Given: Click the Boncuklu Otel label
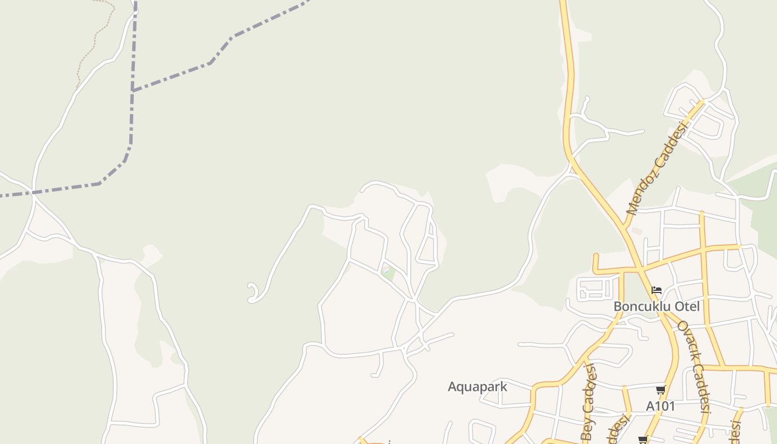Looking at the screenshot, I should (657, 306).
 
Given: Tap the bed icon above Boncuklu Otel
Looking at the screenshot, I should (657, 290).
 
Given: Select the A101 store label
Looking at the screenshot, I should (660, 406).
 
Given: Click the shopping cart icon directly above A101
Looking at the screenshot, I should (660, 390).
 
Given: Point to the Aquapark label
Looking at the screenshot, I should (477, 387).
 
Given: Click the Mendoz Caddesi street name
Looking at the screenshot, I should (657, 167).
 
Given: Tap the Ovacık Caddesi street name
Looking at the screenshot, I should (694, 366).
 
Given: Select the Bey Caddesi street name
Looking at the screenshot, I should (588, 402).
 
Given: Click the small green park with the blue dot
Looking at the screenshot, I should (388, 273).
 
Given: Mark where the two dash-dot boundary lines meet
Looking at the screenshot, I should (133, 90).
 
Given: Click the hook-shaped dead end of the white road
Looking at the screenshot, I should (253, 293).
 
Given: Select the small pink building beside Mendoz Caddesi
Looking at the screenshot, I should (637, 231).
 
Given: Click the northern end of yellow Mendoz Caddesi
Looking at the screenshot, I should (703, 101).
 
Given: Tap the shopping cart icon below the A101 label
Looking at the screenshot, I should (643, 440).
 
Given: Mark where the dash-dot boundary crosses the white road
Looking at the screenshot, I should (34, 193).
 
